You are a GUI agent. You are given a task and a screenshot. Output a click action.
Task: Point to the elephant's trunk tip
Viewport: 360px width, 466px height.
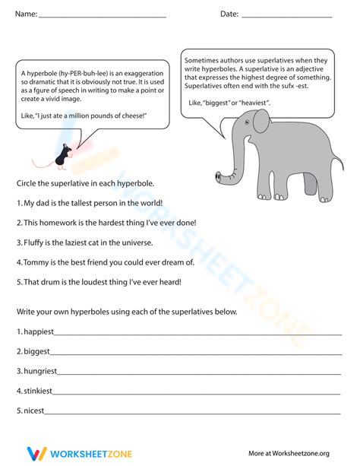[x=219, y=179]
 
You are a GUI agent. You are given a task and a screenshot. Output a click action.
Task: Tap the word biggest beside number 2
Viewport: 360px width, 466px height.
[x=36, y=352]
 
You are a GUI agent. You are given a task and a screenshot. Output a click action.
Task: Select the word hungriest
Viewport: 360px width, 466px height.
[x=39, y=372]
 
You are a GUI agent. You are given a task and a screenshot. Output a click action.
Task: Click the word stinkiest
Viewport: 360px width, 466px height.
[x=37, y=392]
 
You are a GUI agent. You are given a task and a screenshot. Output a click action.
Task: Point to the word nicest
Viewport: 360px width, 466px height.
[x=34, y=411]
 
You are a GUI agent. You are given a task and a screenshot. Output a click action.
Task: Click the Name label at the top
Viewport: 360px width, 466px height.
[x=25, y=14]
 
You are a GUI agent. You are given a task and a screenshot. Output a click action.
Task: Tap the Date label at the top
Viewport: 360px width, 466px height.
[x=229, y=14]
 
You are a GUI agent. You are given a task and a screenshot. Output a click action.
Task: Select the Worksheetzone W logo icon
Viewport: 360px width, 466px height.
[x=34, y=454]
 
